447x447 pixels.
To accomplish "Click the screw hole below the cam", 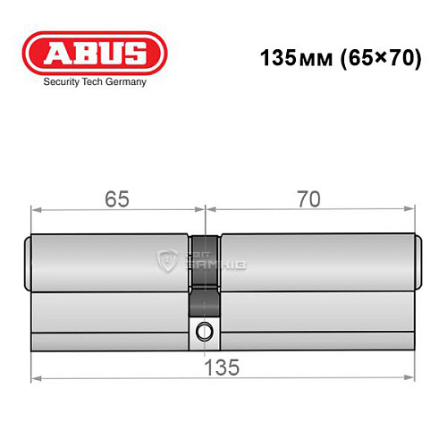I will coord(206,331).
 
